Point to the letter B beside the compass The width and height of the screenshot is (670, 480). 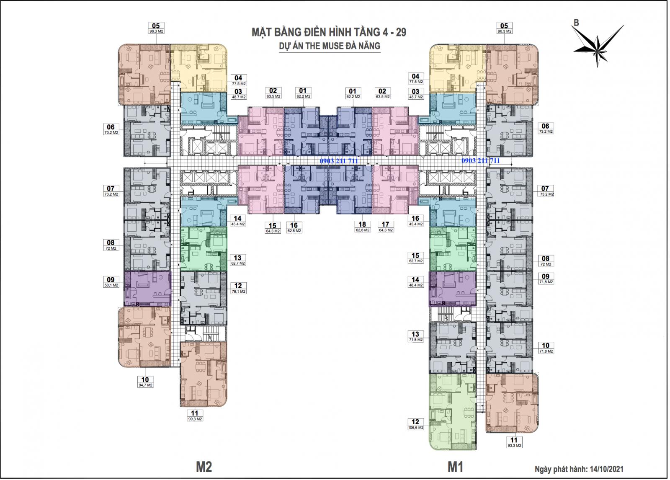pos(576,23)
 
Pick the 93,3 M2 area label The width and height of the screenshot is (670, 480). pos(514,446)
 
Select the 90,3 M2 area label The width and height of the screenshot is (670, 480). pos(195,418)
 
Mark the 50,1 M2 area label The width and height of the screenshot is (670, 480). pos(111,285)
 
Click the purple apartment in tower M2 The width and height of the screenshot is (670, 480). pos(147,288)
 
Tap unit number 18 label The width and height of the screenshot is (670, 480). pos(363,225)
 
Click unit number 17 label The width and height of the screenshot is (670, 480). pos(386,225)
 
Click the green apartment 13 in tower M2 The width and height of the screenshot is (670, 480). pos(203,250)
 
